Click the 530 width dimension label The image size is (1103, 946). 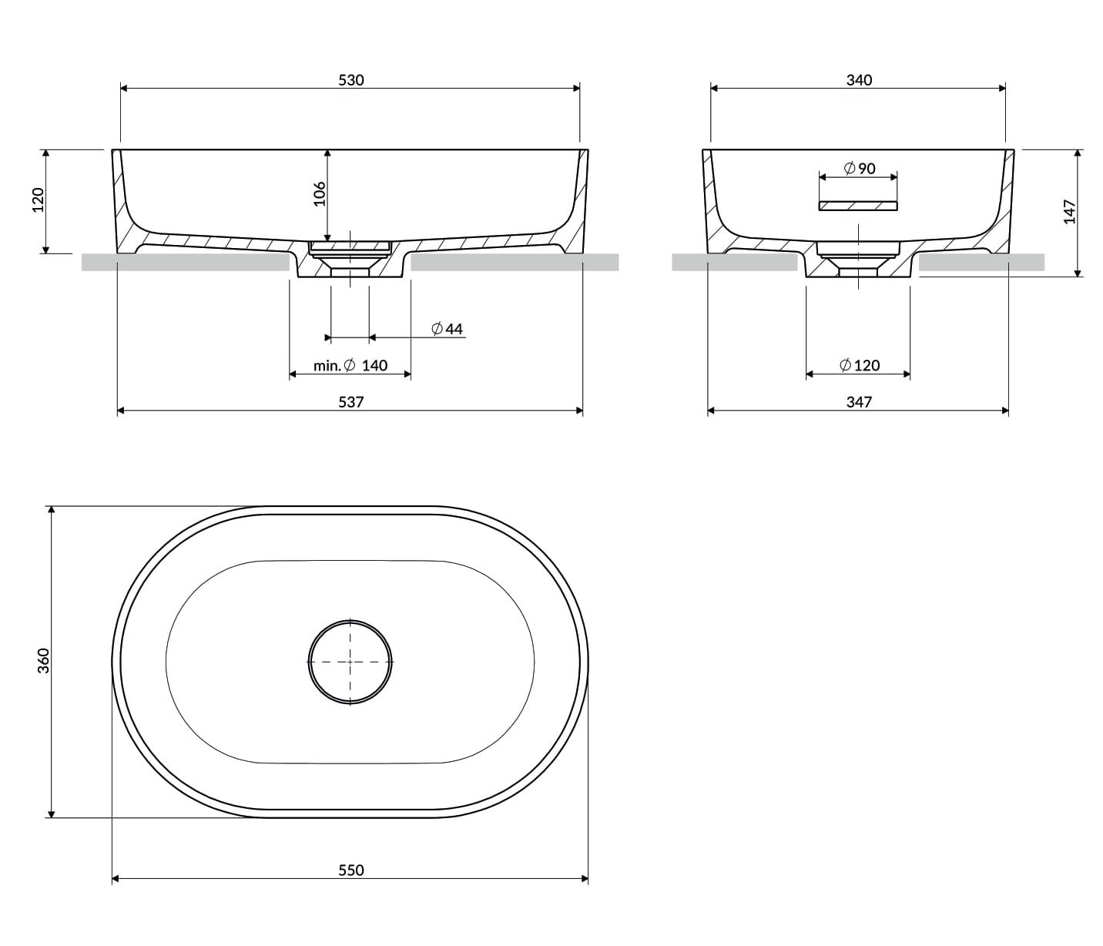pos(351,80)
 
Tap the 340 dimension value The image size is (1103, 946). pos(859,80)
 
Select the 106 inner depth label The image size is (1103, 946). pos(319,194)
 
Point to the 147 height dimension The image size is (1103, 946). pos(1070,211)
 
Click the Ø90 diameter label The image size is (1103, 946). pos(860,169)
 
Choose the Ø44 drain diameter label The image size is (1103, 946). pos(448,329)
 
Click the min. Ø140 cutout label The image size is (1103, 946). pos(350,366)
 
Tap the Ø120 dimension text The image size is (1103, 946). pos(860,366)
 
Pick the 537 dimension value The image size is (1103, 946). pos(351,402)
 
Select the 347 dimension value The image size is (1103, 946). pos(859,402)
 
